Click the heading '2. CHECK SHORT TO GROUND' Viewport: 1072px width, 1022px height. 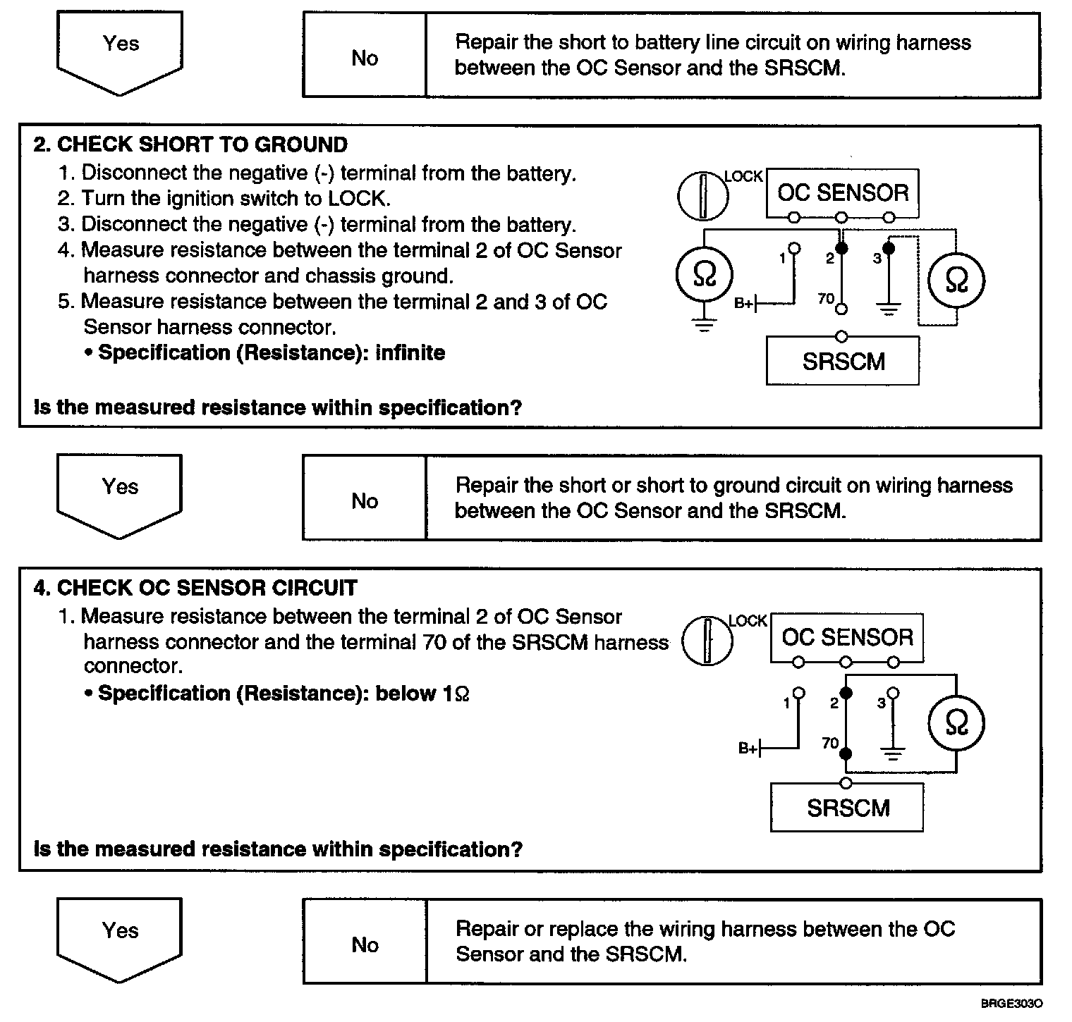tap(190, 144)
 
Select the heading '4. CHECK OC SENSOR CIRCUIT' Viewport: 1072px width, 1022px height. tap(195, 588)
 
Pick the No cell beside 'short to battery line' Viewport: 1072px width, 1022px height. tap(365, 58)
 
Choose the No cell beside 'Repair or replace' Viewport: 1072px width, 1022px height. tap(365, 944)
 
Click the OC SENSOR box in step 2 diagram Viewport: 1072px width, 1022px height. tap(843, 192)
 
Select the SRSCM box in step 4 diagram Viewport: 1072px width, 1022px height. tap(848, 808)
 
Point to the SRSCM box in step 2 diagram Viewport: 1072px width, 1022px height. tap(843, 362)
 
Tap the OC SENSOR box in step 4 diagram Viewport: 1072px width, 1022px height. tap(847, 638)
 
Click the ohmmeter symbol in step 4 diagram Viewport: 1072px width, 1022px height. tap(956, 723)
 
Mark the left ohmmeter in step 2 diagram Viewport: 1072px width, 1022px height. tap(704, 275)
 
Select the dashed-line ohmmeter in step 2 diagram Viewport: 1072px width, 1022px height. tap(956, 280)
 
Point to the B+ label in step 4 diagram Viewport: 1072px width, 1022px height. tap(748, 749)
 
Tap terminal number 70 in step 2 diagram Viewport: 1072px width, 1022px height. tap(826, 299)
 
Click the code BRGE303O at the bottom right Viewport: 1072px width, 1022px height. tap(1011, 1004)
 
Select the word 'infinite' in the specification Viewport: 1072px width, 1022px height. tap(410, 352)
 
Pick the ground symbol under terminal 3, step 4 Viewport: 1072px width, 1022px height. tap(894, 754)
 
